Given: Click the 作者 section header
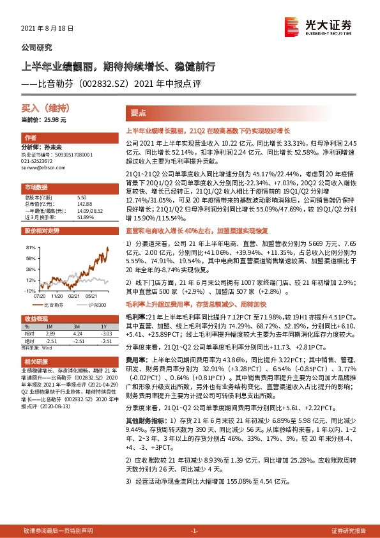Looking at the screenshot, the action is coord(30,138).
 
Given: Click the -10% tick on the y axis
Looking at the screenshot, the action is coord(29,290).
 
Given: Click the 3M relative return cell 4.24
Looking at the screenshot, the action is coord(79,334).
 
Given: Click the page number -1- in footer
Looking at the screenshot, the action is coord(195,531).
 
